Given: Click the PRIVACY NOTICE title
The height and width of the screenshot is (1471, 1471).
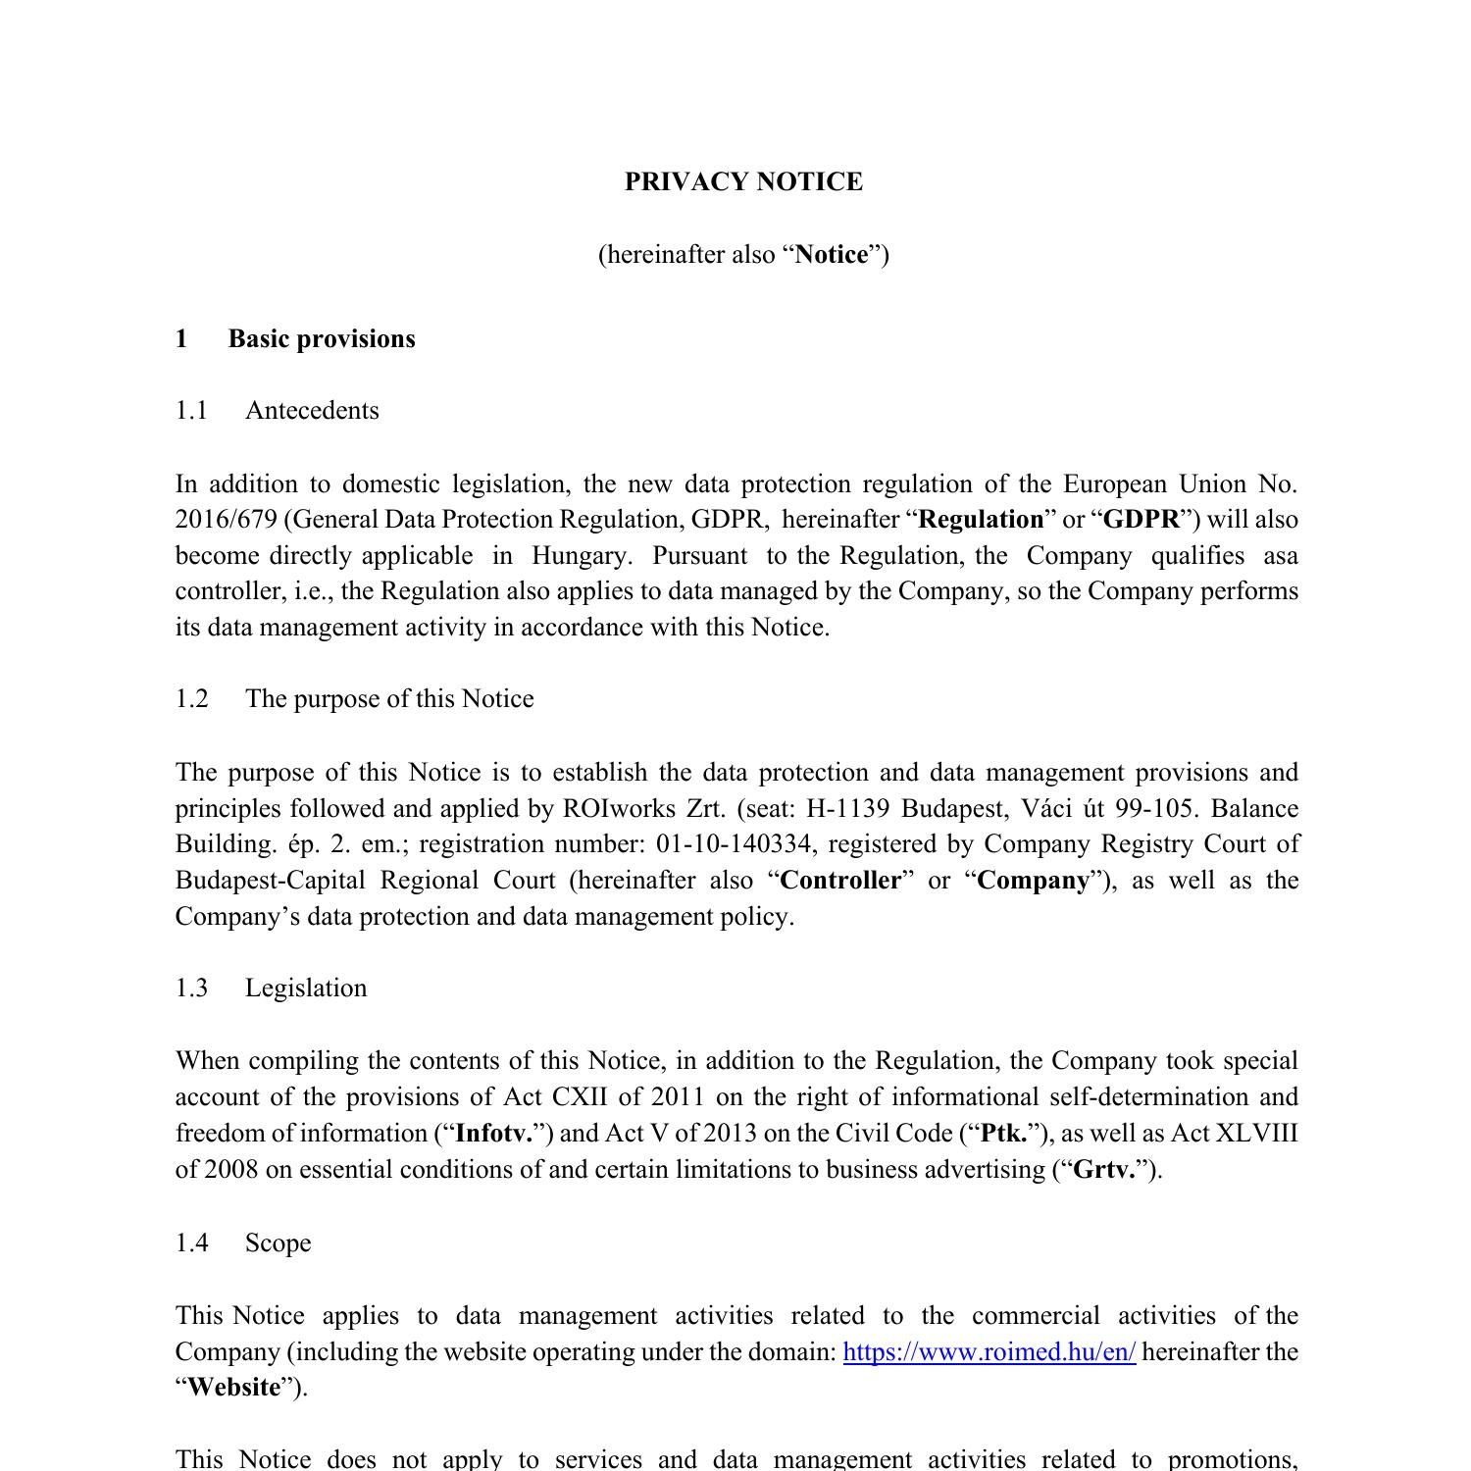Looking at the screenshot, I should coord(743,182).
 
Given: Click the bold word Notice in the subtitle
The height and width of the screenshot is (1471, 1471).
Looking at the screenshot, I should coord(831,255).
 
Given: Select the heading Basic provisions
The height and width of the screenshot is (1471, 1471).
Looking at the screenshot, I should coord(322,339).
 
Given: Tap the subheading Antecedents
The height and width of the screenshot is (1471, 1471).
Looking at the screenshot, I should coord(312,411).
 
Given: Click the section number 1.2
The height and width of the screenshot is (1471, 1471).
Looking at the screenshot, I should coord(192,699).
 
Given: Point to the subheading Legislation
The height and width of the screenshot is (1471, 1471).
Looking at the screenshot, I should coord(306,989).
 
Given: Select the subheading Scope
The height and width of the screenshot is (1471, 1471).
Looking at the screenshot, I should coord(278,1243).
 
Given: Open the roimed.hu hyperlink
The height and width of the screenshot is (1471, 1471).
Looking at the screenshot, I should coord(989,1352).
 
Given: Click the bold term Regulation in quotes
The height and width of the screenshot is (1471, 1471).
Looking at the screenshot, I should coord(981,520).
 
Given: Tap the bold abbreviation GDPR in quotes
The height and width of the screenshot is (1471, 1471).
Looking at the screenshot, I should coord(1141,520).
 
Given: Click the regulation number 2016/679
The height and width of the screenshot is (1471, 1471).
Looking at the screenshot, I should coord(226,520).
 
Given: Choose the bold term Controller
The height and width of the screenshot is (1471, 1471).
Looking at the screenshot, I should coord(840,881).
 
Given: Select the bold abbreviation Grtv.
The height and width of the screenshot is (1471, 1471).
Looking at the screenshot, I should coord(1104,1170).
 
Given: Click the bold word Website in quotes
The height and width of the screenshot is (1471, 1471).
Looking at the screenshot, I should coord(233,1388).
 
